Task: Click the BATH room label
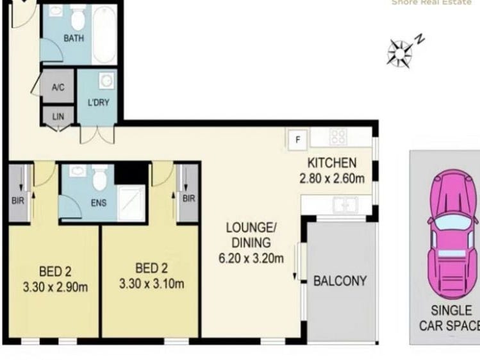[73, 38]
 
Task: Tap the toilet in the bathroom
[78, 19]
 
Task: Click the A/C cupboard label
[58, 88]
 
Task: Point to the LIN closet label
[58, 116]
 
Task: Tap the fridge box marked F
[297, 138]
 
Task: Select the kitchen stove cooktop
[338, 136]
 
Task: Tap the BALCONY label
[340, 281]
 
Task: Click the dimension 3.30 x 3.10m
[151, 283]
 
